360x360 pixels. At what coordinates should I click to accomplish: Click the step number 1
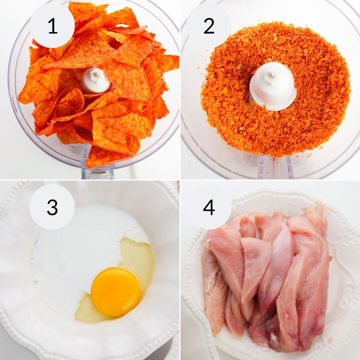(53, 26)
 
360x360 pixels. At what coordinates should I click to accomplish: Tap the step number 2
(208, 26)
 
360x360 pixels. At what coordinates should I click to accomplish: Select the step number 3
(52, 207)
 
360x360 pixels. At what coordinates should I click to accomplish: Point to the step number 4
(209, 207)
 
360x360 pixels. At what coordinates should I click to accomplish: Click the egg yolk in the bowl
(115, 292)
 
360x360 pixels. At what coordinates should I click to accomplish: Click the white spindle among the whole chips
(96, 80)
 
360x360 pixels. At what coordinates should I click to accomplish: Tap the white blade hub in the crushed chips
(272, 86)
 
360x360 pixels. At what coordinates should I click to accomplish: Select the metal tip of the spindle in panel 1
(97, 74)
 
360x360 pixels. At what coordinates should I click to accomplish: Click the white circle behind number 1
(52, 25)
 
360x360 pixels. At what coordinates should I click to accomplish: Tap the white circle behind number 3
(52, 206)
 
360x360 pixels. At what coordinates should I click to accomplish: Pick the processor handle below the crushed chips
(275, 166)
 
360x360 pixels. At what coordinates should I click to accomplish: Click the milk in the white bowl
(76, 248)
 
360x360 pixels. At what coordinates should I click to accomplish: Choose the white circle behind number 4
(208, 206)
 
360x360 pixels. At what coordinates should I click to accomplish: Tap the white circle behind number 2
(208, 25)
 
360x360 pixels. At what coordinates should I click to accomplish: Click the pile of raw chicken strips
(265, 275)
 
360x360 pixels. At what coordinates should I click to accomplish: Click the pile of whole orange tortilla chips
(98, 85)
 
